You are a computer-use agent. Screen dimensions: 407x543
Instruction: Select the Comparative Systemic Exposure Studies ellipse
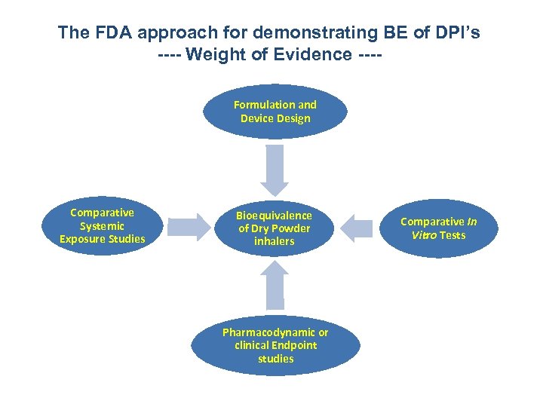(102, 226)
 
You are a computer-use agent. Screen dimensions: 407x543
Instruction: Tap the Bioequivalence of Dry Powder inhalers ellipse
(274, 228)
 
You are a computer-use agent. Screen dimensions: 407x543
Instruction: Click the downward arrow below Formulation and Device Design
(275, 170)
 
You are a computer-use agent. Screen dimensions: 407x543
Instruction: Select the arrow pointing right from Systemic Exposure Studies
(191, 227)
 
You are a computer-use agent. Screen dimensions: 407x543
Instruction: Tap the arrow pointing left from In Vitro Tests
(357, 227)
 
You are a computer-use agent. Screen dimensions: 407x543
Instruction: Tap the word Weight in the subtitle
(219, 54)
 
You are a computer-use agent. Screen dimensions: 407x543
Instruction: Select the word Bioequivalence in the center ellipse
(274, 215)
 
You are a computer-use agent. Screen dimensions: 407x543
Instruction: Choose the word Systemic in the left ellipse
(102, 226)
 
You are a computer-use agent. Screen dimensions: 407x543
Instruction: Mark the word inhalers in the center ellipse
(274, 242)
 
